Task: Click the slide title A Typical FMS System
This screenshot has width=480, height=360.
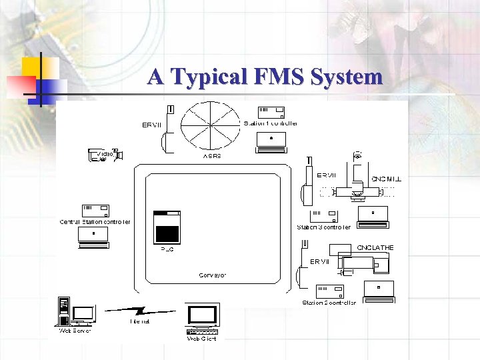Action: pyautogui.click(x=265, y=76)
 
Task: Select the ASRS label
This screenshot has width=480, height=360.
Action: pyautogui.click(x=211, y=155)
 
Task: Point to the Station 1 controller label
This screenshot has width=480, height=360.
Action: pyautogui.click(x=271, y=123)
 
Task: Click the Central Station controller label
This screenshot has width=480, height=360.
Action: pyautogui.click(x=95, y=222)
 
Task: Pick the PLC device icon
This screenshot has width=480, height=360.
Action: pyautogui.click(x=167, y=227)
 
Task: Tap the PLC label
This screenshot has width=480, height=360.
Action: pyautogui.click(x=167, y=250)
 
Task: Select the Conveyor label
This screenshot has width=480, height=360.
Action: pyautogui.click(x=213, y=275)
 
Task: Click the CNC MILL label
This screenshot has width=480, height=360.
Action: pyautogui.click(x=386, y=179)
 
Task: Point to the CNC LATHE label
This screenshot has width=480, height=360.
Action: pyautogui.click(x=375, y=247)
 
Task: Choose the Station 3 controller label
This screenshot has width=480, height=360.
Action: pyautogui.click(x=323, y=227)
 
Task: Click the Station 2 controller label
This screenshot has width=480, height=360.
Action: pyautogui.click(x=329, y=303)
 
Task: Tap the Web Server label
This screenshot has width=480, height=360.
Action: pyautogui.click(x=75, y=330)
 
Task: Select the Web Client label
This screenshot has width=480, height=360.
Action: pyautogui.click(x=201, y=339)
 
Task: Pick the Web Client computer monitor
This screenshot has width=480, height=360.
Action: pyautogui.click(x=203, y=316)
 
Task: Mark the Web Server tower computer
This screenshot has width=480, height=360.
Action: pyautogui.click(x=64, y=310)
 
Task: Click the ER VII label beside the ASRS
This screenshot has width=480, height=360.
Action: pyautogui.click(x=151, y=124)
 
